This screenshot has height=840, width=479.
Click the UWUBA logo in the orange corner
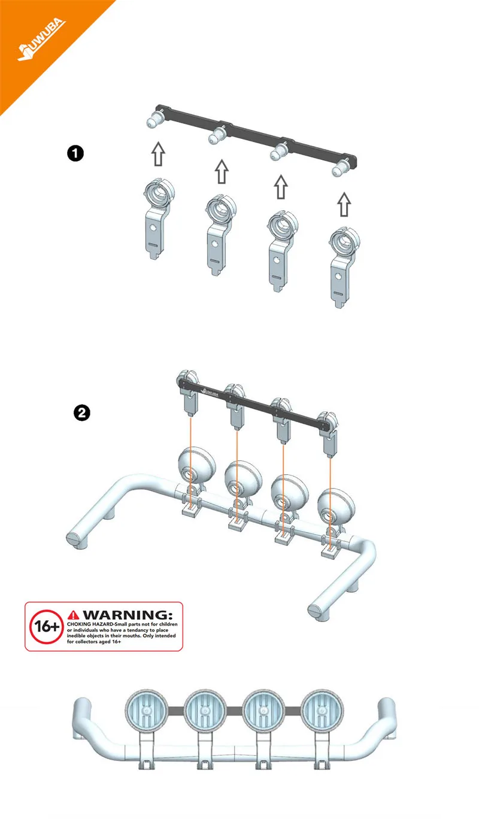41,40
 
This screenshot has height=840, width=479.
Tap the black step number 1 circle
75,153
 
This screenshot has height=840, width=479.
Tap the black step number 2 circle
82,413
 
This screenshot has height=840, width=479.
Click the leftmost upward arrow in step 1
158,154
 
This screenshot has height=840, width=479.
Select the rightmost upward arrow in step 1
344,204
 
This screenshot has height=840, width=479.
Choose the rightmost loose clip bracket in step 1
344,268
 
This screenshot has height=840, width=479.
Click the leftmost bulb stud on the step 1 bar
154,119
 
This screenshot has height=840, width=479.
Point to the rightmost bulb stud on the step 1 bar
341,168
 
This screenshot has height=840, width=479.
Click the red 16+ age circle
46,626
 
